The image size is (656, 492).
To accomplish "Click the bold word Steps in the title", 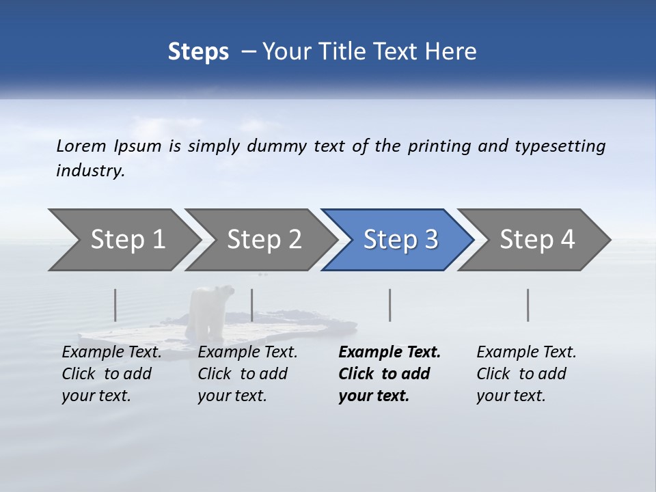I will click(198, 51).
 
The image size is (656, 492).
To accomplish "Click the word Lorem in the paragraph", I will click(81, 146).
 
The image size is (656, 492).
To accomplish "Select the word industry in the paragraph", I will click(90, 171).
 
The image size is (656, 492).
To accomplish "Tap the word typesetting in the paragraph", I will click(560, 146).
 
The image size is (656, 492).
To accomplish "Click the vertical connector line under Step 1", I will click(115, 305).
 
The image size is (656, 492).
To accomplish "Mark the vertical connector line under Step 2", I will click(252, 305).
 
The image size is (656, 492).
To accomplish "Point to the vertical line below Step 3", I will click(389, 305).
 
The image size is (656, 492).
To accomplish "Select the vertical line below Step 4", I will click(528, 305).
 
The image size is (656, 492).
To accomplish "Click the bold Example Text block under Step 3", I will click(389, 374).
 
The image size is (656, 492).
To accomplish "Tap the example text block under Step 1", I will click(111, 374).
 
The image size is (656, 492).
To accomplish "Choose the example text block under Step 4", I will click(525, 374).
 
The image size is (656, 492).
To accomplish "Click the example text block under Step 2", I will click(247, 374).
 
